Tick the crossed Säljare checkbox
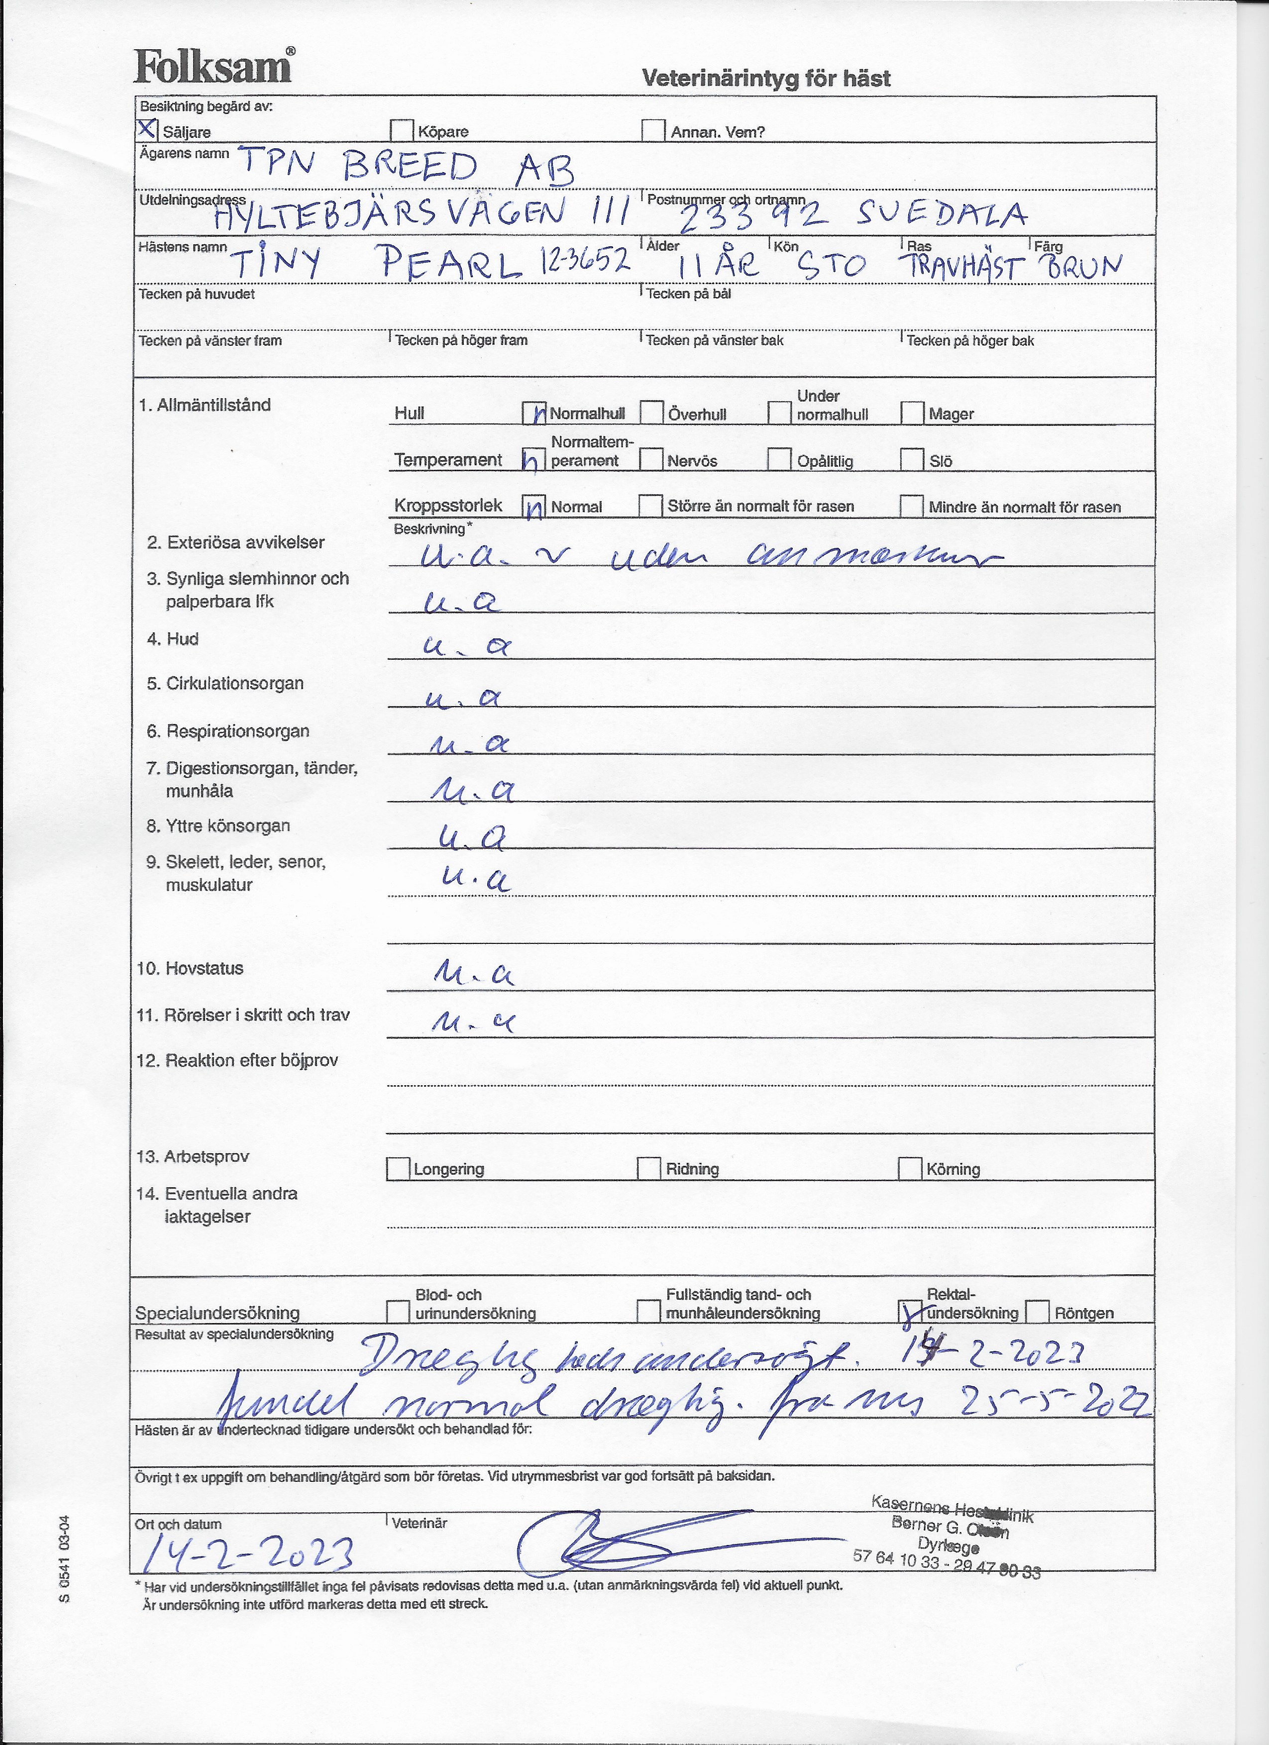click(147, 129)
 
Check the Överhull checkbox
click(652, 412)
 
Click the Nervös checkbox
click(651, 459)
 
